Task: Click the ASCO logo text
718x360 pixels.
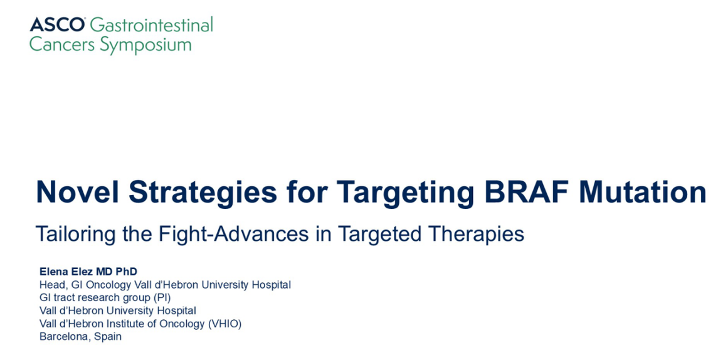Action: [x=57, y=24]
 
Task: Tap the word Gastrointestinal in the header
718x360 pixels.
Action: [x=152, y=24]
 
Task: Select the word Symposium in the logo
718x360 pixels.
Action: [x=145, y=45]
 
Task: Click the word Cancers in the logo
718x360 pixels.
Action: [x=62, y=45]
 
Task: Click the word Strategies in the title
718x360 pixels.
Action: [x=203, y=193]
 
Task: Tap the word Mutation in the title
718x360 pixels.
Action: [x=643, y=191]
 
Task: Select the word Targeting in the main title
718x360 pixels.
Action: [x=405, y=193]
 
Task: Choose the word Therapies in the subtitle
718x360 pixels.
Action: [x=477, y=234]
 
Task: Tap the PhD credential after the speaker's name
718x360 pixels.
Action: [x=127, y=272]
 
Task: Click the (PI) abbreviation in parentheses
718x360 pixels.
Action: [x=162, y=298]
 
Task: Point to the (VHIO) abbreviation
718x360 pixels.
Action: [x=224, y=324]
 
